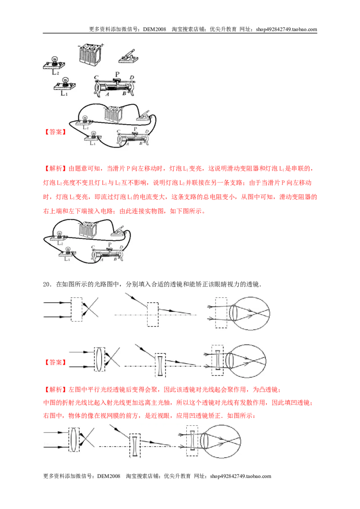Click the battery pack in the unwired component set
click(90, 54)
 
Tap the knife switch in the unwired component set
click(128, 57)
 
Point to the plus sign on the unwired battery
click(102, 45)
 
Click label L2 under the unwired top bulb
click(55, 72)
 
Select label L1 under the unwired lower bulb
click(64, 93)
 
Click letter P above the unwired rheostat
click(117, 74)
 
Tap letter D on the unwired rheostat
click(131, 78)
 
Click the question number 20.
click(47, 284)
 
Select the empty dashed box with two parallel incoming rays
click(76, 309)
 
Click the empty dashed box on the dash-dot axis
click(153, 315)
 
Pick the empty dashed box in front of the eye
click(221, 313)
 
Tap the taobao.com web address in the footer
click(240, 476)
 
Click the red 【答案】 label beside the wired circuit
click(55, 132)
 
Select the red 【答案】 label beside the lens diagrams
click(55, 362)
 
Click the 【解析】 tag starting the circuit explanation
click(55, 169)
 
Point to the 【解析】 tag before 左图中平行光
click(55, 389)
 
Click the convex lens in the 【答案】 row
click(100, 359)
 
